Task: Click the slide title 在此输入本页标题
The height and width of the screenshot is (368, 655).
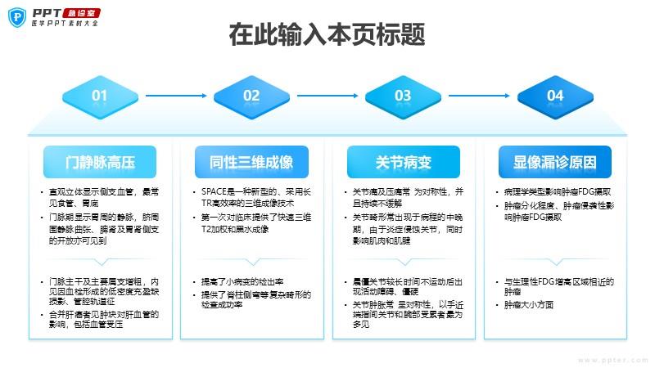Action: (x=327, y=37)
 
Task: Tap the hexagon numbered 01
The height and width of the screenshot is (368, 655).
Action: (x=99, y=96)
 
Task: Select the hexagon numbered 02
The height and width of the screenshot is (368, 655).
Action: (x=251, y=96)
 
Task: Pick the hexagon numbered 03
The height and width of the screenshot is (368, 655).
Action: (x=403, y=96)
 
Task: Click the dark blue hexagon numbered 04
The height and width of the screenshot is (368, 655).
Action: (x=555, y=96)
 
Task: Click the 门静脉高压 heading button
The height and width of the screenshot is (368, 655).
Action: (x=99, y=162)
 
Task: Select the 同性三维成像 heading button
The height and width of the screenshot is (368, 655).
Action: (x=251, y=162)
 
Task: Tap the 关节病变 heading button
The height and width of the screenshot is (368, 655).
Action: (x=403, y=162)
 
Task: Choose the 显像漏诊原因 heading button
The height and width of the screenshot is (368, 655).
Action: (x=555, y=162)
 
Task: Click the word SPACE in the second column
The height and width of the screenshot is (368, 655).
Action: (x=217, y=191)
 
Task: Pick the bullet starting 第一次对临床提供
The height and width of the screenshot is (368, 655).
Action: (x=255, y=223)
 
